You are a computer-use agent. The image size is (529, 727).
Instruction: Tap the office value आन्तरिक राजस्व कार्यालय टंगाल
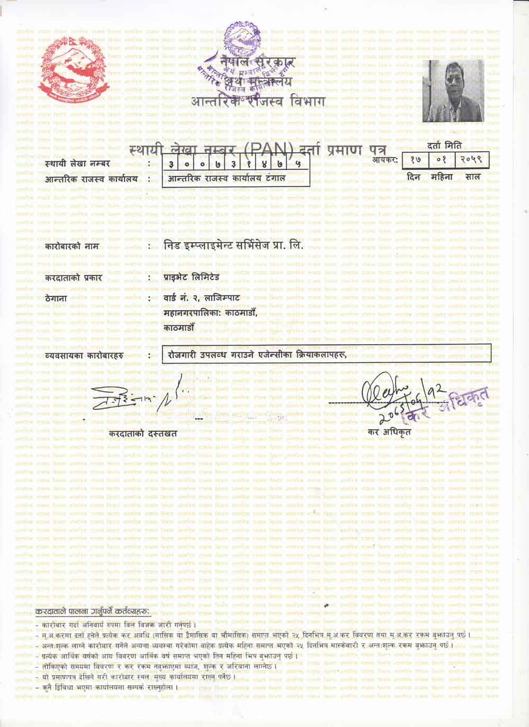(226, 179)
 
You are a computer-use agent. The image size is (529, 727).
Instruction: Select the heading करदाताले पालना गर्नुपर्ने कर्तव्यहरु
(93, 612)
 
